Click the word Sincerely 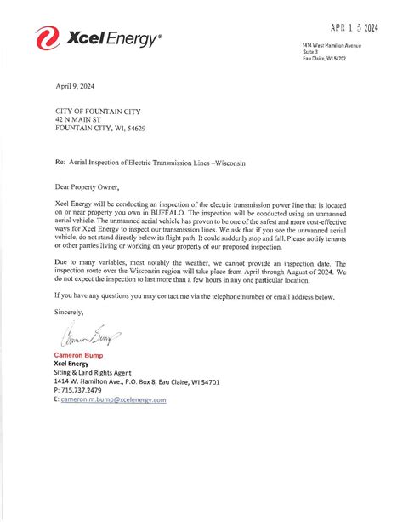(70, 313)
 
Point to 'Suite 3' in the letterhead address (310, 52)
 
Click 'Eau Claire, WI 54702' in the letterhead (324, 60)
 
